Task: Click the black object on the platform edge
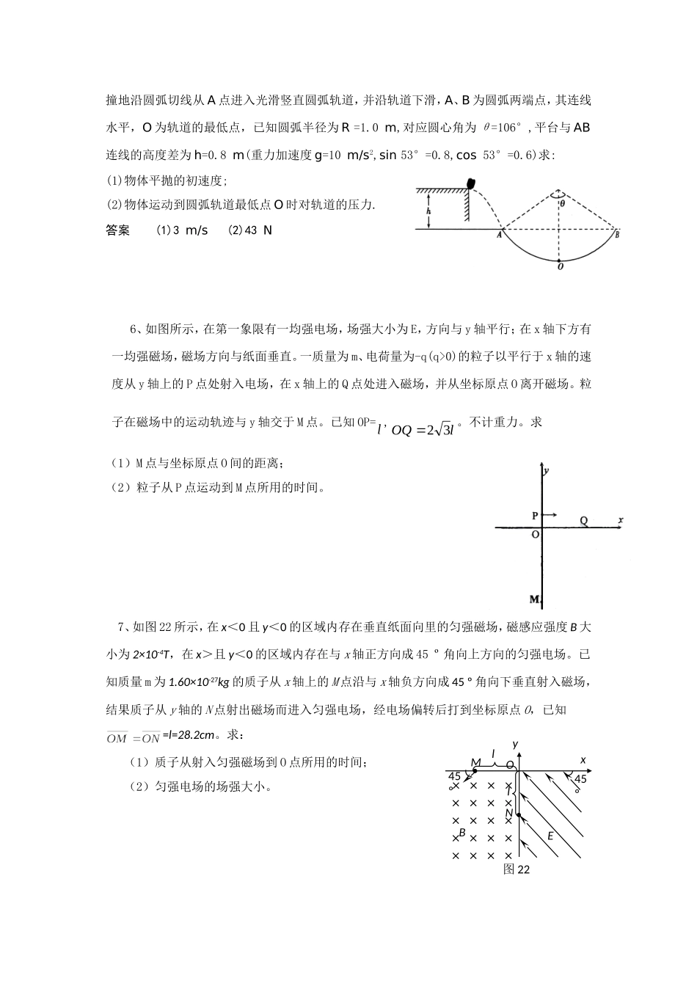tap(470, 184)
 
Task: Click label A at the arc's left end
tap(499, 235)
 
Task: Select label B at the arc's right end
tap(617, 235)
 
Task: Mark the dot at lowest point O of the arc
tap(559, 260)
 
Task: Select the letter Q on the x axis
tap(584, 521)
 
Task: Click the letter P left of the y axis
tap(535, 516)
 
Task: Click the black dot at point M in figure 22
tap(475, 770)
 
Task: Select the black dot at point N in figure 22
tap(518, 814)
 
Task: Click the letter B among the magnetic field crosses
tap(462, 833)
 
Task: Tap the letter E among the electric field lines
tap(550, 836)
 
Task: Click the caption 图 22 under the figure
tap(517, 869)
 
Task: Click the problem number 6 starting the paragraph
tap(133, 329)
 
